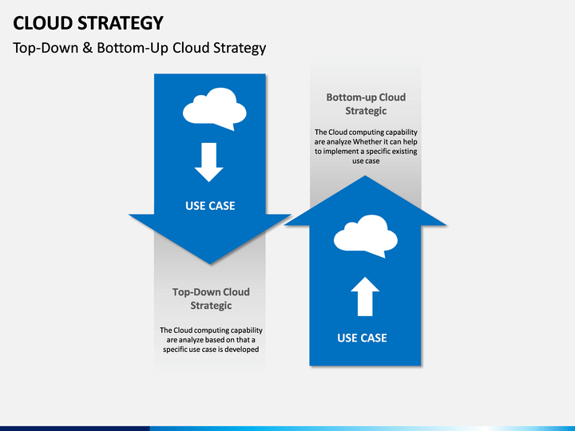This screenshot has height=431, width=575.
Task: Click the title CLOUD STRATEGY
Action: click(88, 23)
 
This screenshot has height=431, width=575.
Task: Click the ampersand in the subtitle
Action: click(87, 48)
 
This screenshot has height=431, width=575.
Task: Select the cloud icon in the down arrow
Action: click(215, 109)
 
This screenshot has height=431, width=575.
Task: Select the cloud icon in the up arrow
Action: click(366, 236)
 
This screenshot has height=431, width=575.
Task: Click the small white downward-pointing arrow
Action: click(209, 162)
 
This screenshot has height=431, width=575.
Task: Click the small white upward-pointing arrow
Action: click(365, 296)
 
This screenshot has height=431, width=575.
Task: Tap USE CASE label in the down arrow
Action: click(210, 206)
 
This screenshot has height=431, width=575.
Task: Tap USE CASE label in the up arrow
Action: click(362, 338)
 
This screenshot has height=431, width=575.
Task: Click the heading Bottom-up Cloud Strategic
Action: click(366, 104)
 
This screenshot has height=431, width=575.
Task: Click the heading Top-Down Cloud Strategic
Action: click(211, 299)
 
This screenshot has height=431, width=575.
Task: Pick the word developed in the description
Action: click(242, 350)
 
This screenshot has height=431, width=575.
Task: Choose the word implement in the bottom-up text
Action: click(339, 152)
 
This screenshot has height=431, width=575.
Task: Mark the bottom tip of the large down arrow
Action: click(210, 264)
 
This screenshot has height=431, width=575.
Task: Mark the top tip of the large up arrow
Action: click(365, 176)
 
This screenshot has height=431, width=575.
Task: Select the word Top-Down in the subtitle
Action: click(46, 49)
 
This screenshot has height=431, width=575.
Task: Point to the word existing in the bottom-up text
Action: click(404, 152)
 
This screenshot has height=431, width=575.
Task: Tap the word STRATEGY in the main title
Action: click(121, 23)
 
